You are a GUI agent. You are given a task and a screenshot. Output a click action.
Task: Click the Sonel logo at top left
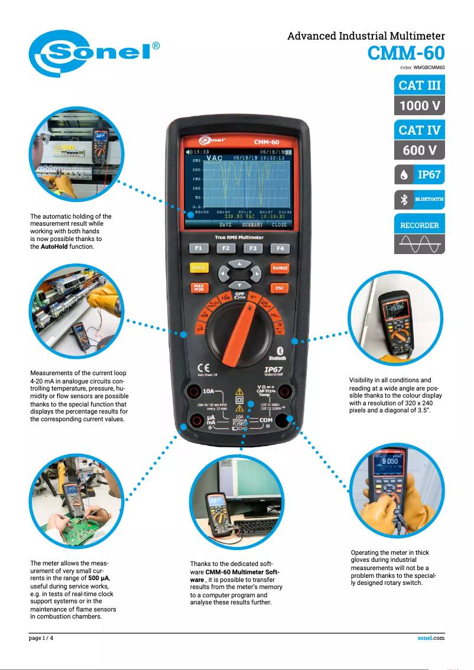pos(95,53)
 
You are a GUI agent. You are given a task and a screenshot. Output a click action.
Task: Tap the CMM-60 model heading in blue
pos(405,53)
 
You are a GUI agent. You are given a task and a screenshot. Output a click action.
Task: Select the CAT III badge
pos(419,85)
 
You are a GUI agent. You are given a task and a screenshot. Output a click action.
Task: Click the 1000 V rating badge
pos(419,106)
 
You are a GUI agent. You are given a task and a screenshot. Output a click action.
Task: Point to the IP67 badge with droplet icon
pos(419,175)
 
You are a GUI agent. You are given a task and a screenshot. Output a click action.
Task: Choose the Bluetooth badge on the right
pos(419,200)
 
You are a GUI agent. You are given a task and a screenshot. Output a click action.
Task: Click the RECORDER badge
pos(419,225)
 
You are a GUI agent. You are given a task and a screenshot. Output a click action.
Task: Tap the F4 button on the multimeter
pos(280,248)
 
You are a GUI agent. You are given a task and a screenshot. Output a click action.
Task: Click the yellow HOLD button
pos(199,268)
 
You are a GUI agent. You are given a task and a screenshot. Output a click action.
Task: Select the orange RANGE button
pos(280,268)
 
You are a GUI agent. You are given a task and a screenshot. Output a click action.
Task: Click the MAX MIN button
pos(199,288)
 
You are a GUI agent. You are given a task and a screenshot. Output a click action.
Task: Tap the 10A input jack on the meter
pos(193,391)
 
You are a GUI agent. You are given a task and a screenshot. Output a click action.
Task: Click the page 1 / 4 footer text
pos(42,638)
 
